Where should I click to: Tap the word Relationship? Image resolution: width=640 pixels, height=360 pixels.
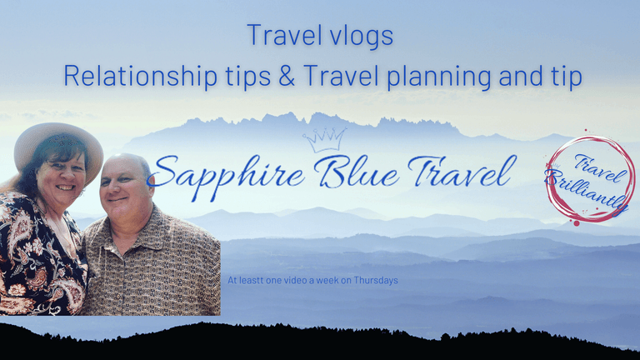[x=140, y=76]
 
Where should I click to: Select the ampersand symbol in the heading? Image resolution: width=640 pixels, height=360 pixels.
[x=287, y=75]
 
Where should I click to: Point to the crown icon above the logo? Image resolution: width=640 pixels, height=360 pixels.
[x=325, y=140]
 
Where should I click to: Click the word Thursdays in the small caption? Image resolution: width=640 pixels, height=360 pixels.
[x=376, y=280]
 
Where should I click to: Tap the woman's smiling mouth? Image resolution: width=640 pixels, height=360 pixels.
[x=65, y=187]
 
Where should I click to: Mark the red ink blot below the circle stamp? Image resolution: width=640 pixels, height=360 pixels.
[x=577, y=223]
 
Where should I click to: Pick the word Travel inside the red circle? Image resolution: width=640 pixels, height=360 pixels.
[x=600, y=167]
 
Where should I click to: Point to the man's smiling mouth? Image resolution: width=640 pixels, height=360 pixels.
[x=117, y=200]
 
